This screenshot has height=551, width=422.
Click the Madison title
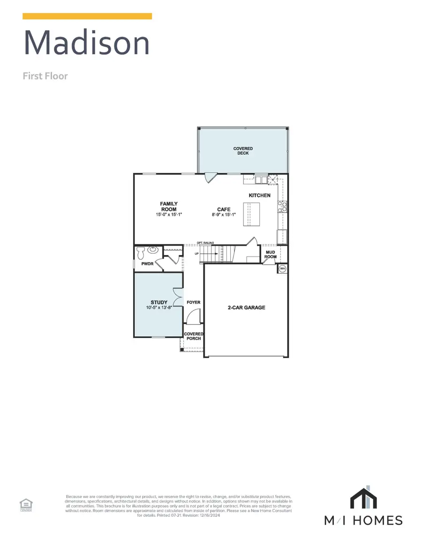tap(87, 43)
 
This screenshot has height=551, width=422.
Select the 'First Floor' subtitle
tap(45, 76)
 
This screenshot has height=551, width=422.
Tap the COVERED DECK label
tap(243, 151)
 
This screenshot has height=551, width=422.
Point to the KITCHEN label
tap(259, 195)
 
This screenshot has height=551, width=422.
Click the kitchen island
tap(251, 214)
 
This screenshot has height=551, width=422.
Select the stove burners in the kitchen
tap(283, 206)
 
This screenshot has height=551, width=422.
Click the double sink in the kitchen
tap(260, 179)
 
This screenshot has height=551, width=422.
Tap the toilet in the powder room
tap(141, 253)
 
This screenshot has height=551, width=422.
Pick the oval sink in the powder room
tap(152, 250)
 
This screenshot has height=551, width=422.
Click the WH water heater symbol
tap(283, 269)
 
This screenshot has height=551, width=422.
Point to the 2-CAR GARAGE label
tap(246, 308)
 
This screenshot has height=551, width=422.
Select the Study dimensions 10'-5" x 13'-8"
tap(159, 308)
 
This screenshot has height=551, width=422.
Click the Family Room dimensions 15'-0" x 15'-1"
tap(168, 214)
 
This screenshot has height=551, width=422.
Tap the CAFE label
tap(223, 209)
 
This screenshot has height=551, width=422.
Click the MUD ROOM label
tap(271, 254)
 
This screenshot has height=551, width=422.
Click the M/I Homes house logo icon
tap(364, 498)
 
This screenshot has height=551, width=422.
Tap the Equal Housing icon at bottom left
tap(25, 505)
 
